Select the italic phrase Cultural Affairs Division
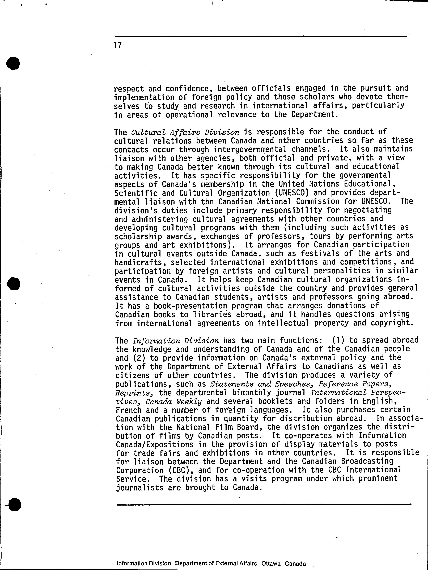[185, 132]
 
